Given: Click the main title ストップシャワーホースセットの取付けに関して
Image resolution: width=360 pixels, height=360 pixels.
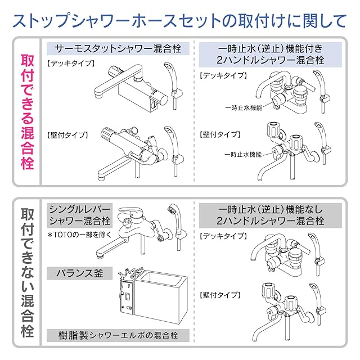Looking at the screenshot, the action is pos(180,21).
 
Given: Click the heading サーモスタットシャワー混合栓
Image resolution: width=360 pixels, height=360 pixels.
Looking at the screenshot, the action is pos(114,48).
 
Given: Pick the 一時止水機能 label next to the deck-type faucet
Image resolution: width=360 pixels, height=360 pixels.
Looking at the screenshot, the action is pos(243,106).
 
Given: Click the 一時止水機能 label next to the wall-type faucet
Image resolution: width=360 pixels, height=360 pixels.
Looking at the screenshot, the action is pos(243,154).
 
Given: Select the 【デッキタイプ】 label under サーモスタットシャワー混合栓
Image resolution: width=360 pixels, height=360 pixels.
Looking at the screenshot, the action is pos(71,63).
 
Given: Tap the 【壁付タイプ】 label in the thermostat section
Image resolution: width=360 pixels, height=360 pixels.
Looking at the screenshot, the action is pos(67,135).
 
